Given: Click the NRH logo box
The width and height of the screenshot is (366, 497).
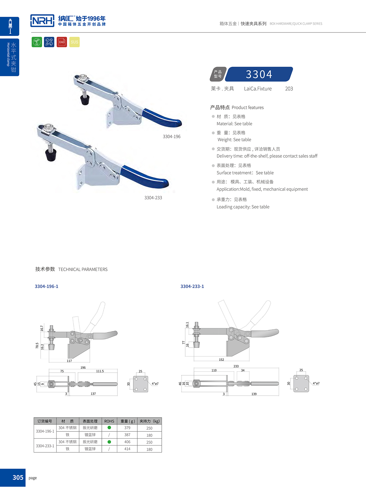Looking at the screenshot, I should click(42, 21).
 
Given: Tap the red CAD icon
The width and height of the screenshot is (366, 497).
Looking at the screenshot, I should click(62, 42).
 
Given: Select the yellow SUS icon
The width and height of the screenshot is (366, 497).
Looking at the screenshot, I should click(74, 42).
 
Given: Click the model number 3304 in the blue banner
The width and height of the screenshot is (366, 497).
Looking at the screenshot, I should click(259, 74).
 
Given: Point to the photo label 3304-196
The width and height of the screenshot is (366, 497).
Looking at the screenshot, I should click(171, 136).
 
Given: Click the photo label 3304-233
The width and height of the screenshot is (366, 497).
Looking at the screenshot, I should click(153, 198).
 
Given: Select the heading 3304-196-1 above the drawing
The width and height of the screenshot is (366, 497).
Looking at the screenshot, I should click(46, 286).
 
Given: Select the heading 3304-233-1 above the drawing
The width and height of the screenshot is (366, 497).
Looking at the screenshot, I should click(192, 286).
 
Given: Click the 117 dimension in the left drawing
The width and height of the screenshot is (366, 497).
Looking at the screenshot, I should click(69, 361).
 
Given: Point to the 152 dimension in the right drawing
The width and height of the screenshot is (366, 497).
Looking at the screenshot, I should click(221, 360).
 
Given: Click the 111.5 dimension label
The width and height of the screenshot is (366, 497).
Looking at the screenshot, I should click(100, 371).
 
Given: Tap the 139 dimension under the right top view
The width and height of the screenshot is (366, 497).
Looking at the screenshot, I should click(254, 394).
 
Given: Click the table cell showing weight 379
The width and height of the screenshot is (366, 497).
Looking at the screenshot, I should click(127, 428).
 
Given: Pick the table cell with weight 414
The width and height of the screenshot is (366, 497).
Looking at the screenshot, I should click(127, 449).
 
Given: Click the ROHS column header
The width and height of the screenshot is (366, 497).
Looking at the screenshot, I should click(109, 421).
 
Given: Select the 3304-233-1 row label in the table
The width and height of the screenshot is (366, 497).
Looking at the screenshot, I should click(45, 446).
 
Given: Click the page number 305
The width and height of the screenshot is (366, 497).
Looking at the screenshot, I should click(18, 478).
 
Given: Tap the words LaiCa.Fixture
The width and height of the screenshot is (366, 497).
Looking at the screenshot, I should click(258, 89).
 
